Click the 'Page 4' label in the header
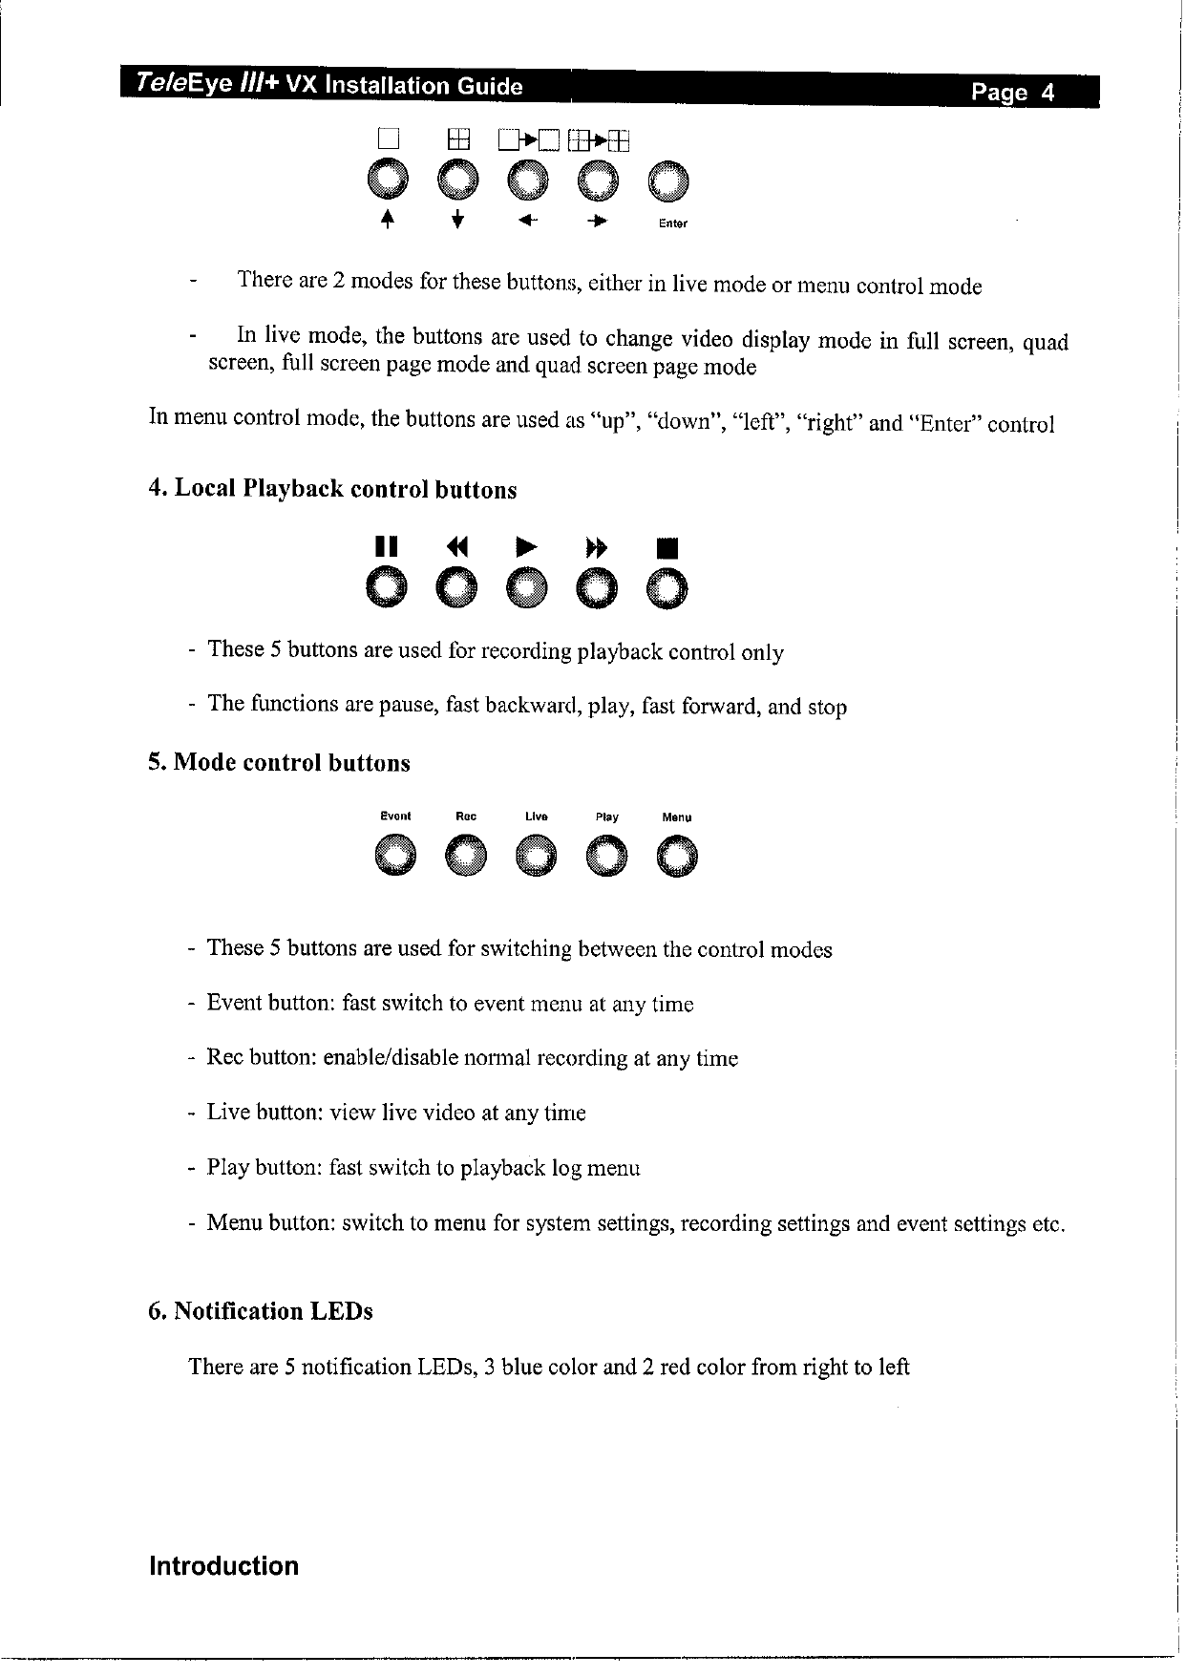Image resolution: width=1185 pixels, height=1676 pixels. [1013, 93]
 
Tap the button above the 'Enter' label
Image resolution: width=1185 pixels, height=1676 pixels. [668, 183]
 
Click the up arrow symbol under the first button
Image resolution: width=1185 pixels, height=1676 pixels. [387, 222]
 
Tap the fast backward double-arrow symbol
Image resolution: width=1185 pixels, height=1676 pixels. [456, 547]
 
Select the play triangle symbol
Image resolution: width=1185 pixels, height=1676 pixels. [524, 547]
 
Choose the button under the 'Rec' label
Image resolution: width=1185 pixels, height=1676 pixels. [465, 855]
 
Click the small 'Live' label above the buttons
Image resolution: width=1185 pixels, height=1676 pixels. [536, 817]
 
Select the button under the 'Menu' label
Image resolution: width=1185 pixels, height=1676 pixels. [677, 855]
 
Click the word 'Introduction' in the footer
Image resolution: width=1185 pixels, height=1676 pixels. [223, 1566]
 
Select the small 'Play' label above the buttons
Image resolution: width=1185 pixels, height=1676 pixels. [606, 817]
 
